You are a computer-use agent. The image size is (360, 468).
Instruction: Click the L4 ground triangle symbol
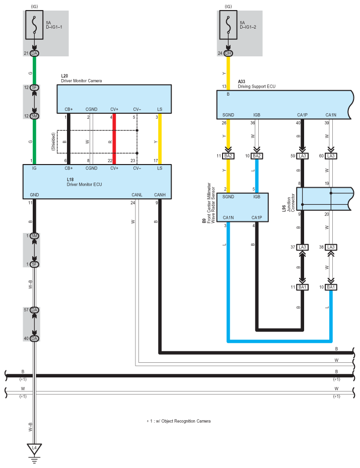[x=34, y=447]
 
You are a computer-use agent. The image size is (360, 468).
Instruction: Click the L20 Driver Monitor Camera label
[x=79, y=79]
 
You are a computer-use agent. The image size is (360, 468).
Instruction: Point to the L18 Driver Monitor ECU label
[x=85, y=182]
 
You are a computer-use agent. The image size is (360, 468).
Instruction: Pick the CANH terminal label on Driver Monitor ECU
[x=160, y=195]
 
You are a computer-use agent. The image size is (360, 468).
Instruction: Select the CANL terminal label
[x=136, y=195]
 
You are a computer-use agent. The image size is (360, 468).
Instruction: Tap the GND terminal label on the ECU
[x=34, y=195]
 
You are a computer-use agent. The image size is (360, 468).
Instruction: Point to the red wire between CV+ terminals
[x=114, y=138]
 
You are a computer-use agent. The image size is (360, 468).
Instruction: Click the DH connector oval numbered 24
[x=229, y=53]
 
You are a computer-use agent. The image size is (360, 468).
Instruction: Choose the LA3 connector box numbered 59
[x=303, y=156]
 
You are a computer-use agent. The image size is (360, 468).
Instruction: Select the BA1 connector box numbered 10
[x=331, y=287]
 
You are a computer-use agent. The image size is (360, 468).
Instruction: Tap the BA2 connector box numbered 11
[x=229, y=156]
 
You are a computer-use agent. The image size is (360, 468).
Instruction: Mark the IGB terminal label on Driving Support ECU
[x=256, y=115]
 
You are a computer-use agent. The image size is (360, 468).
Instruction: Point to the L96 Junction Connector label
[x=287, y=200]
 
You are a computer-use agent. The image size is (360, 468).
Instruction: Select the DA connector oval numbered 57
[x=34, y=310]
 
